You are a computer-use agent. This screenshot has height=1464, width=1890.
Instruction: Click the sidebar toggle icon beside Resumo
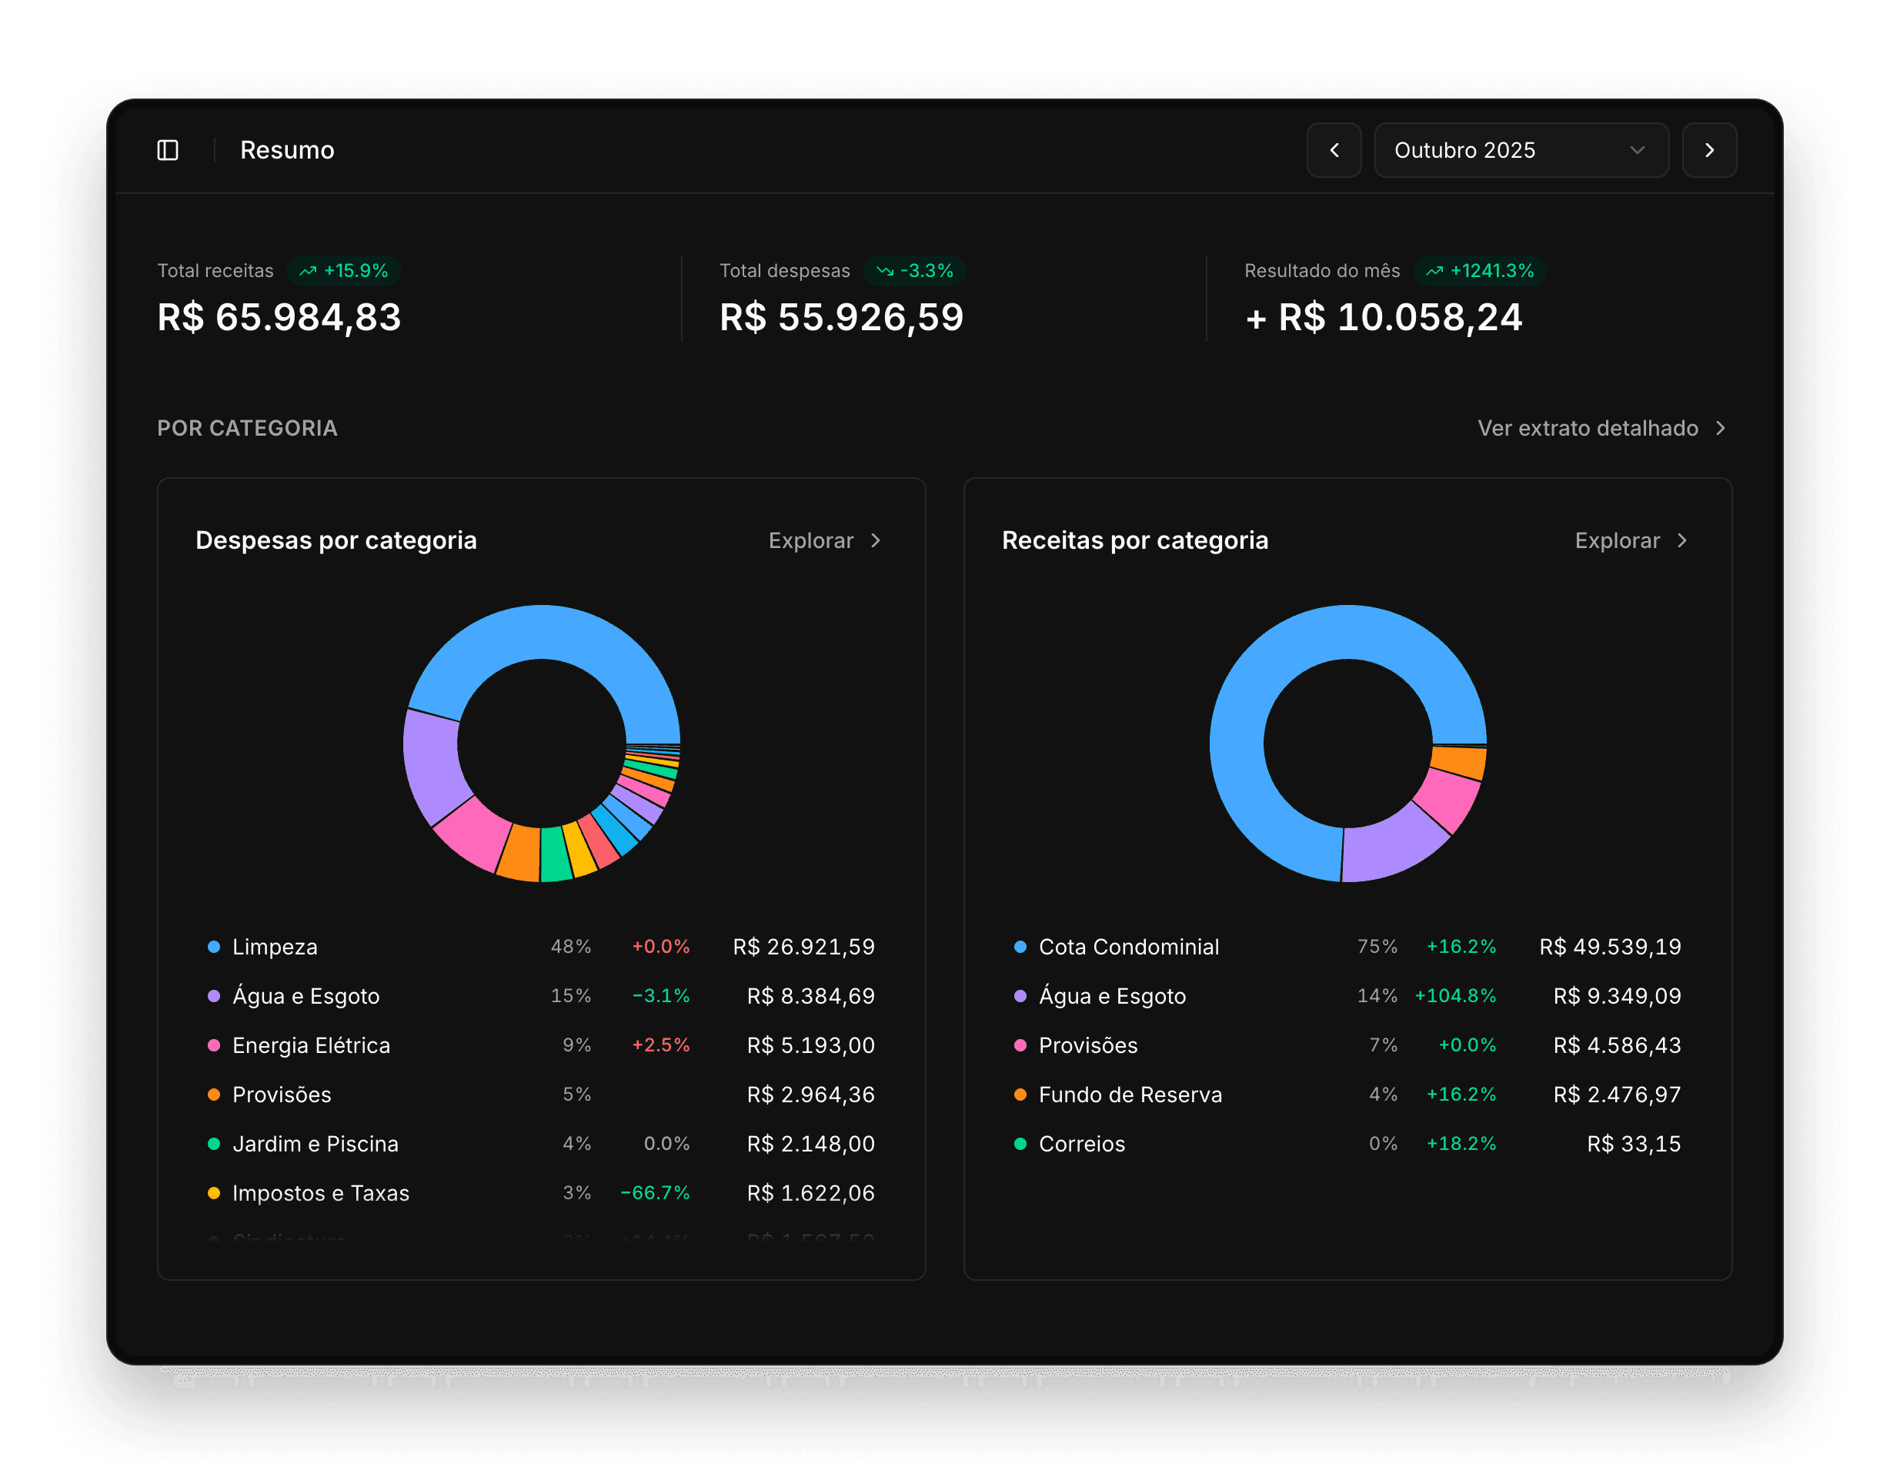coord(168,151)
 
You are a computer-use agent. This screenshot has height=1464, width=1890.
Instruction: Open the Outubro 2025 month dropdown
coord(1521,151)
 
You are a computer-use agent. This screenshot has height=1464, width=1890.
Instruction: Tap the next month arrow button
coord(1708,151)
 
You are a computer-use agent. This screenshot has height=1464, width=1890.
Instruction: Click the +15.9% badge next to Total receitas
coord(343,271)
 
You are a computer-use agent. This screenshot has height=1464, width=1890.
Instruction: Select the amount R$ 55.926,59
coord(840,317)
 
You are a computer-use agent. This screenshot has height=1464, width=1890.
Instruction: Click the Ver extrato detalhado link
coord(1600,429)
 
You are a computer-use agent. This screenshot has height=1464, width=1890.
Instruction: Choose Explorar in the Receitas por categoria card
coord(1630,541)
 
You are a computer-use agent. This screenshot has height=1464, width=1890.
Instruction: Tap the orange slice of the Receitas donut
coord(1458,762)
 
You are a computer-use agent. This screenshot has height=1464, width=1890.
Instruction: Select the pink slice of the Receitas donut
coord(1448,798)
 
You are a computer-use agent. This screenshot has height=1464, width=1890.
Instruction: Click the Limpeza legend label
coord(274,948)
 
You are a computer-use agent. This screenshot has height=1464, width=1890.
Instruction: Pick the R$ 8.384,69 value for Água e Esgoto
coord(810,997)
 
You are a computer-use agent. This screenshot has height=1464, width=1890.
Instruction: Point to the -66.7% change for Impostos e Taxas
coord(655,1193)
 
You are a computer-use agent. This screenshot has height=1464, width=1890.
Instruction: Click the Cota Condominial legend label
coord(1127,948)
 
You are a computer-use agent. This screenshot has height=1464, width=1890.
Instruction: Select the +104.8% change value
coord(1454,997)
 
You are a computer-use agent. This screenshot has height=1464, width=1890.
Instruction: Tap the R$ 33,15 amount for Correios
coord(1633,1145)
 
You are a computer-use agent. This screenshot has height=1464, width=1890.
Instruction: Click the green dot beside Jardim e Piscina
coord(214,1145)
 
